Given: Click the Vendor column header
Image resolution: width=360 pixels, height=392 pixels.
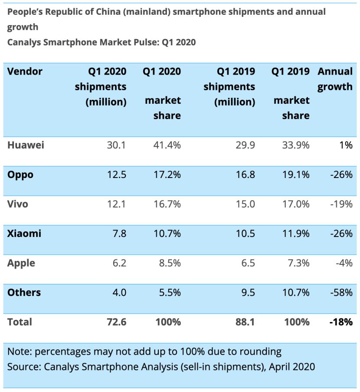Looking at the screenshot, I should (x=25, y=71).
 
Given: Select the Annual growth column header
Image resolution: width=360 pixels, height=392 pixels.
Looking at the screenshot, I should (x=335, y=79).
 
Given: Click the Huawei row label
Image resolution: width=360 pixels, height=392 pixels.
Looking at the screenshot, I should (x=26, y=145).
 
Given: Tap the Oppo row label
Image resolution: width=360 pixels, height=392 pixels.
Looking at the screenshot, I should (x=20, y=175).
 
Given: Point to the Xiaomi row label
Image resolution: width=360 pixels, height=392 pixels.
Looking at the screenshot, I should (x=24, y=234).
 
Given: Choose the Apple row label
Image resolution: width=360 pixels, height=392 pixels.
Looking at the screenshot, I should (x=21, y=263).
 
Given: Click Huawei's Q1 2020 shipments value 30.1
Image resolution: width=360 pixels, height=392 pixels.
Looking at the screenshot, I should (x=116, y=145).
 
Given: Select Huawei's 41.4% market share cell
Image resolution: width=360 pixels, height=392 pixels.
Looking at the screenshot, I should (x=167, y=145).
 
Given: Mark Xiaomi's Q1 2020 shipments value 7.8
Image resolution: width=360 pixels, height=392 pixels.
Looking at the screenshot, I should (x=119, y=234).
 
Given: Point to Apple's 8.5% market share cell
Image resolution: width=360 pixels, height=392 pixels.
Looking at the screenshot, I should (x=170, y=263).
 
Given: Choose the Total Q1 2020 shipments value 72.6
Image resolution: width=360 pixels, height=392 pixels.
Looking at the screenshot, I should (x=116, y=322).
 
